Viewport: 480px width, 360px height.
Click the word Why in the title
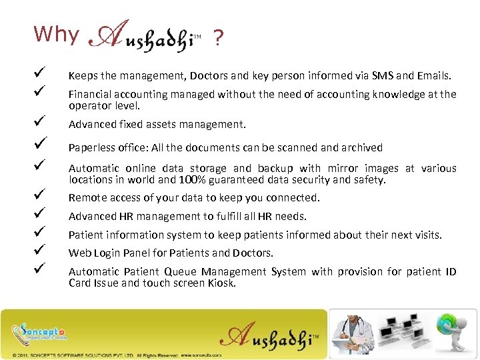56,34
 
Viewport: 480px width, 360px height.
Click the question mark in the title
217,40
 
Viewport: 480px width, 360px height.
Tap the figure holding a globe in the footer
453,331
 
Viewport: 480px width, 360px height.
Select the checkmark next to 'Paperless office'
41,145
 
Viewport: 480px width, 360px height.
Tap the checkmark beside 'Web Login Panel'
41,251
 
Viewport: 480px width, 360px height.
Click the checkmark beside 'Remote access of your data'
41,195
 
